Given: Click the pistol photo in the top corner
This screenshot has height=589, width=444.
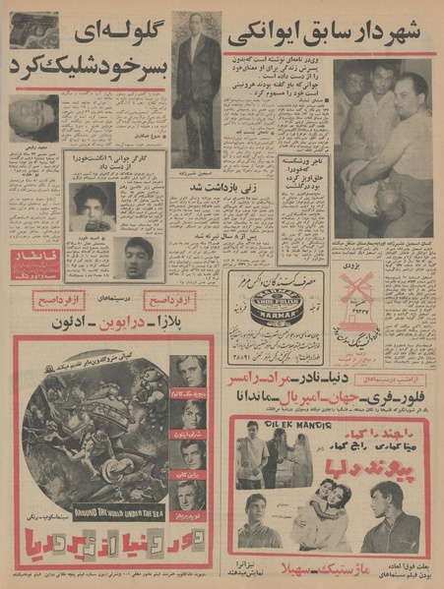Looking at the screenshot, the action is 33,29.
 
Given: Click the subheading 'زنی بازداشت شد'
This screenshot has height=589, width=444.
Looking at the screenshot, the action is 202,182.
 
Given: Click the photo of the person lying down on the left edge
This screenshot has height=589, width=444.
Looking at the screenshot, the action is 33,119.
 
